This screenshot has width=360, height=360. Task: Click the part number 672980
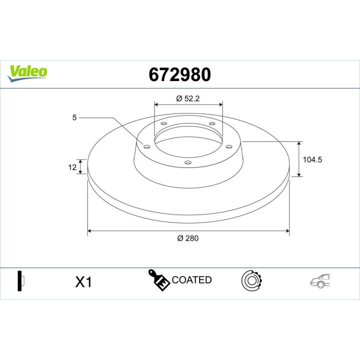180,74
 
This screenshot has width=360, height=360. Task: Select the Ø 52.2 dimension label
188,98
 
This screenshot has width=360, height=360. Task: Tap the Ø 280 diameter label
188,238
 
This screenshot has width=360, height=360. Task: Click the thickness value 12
72,167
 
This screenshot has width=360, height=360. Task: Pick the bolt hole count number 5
74,118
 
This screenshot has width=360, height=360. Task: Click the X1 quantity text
83,282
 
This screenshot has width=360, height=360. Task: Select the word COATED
191,280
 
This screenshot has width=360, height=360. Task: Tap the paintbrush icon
158,280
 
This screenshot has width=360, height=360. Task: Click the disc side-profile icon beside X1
20,281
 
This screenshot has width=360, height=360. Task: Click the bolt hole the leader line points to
146,146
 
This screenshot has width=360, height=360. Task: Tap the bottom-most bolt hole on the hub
187,161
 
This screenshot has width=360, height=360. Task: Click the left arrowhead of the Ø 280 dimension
90,231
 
